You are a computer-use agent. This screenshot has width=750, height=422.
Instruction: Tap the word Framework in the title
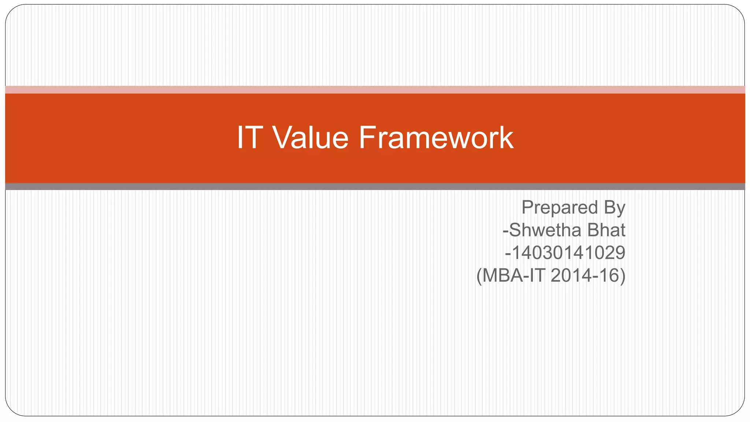[436, 138]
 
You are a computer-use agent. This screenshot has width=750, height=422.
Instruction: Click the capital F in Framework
[367, 138]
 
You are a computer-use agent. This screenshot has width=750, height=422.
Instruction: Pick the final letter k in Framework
[506, 138]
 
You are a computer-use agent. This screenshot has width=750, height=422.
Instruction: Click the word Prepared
[560, 208]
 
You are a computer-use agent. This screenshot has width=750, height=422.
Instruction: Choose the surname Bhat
[606, 230]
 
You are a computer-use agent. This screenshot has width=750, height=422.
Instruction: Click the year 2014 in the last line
[568, 275]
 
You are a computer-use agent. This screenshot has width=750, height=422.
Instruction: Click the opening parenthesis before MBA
[479, 276]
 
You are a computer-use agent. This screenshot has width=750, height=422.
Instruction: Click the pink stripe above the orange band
[375, 90]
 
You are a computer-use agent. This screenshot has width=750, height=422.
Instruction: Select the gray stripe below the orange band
[375, 186]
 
